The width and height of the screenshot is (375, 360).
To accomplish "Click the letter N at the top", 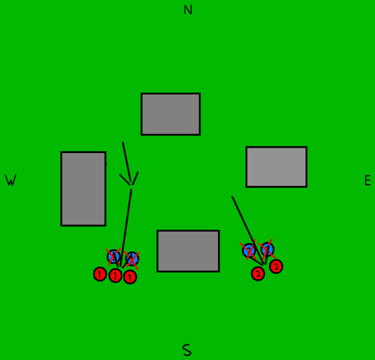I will [187, 10].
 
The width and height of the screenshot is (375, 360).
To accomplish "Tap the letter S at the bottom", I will [187, 351].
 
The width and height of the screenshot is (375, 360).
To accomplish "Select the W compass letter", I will [11, 181].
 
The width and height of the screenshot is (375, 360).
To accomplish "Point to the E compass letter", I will [367, 181].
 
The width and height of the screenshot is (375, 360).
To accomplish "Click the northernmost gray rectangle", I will [171, 114].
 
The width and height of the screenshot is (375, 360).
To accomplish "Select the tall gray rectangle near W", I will [83, 189].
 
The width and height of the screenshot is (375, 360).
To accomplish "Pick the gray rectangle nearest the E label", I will [276, 167].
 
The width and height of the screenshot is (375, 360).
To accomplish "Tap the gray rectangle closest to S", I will [188, 251].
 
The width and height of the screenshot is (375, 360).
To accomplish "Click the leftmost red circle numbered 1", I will [100, 274].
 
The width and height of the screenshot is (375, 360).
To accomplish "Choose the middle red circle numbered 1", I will [115, 276].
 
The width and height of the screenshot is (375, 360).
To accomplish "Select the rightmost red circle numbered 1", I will [130, 277].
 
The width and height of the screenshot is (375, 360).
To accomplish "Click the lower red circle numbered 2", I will [258, 273].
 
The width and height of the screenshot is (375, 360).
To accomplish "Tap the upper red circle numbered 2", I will [276, 267].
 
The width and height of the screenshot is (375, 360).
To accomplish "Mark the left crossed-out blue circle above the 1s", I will [114, 256].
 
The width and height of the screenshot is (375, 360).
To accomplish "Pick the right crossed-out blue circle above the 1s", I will [132, 259].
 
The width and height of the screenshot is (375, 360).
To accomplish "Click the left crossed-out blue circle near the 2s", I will [249, 250].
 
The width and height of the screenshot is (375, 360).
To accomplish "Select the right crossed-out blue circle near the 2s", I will [267, 249].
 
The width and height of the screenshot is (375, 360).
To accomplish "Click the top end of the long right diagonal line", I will [232, 197].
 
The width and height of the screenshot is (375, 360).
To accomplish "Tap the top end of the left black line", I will [122, 142].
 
